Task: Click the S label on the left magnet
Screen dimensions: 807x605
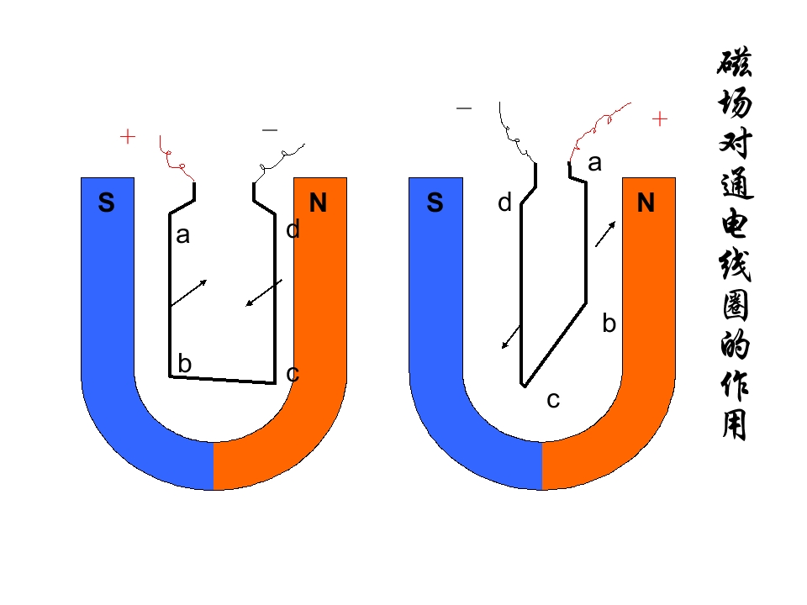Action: tap(106, 203)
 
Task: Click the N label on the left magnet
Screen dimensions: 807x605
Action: tap(318, 203)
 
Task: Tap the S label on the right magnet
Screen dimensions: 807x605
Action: tap(435, 203)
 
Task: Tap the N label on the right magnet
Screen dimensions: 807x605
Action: tap(646, 203)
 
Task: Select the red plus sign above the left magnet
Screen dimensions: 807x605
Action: tap(128, 137)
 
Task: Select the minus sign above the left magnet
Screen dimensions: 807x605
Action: tap(270, 130)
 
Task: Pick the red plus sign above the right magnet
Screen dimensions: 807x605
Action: tap(660, 119)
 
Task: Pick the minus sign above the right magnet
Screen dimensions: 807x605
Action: tap(464, 108)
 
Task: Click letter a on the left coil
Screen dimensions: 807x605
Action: tap(182, 236)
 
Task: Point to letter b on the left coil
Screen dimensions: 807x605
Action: tap(184, 363)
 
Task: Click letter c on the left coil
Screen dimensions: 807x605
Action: tap(293, 374)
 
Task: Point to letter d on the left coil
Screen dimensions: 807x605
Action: tap(293, 229)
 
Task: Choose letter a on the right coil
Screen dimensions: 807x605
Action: tap(594, 164)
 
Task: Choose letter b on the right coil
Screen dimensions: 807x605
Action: tap(609, 324)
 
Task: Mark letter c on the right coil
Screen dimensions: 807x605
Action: tap(553, 400)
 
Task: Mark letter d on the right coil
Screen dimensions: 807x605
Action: tap(504, 203)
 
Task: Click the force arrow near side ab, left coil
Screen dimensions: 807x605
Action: tap(189, 292)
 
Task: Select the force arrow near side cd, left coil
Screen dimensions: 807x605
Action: tap(263, 292)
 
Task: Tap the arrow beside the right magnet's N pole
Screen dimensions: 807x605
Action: tap(605, 234)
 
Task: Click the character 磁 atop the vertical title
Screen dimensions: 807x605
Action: tap(735, 62)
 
